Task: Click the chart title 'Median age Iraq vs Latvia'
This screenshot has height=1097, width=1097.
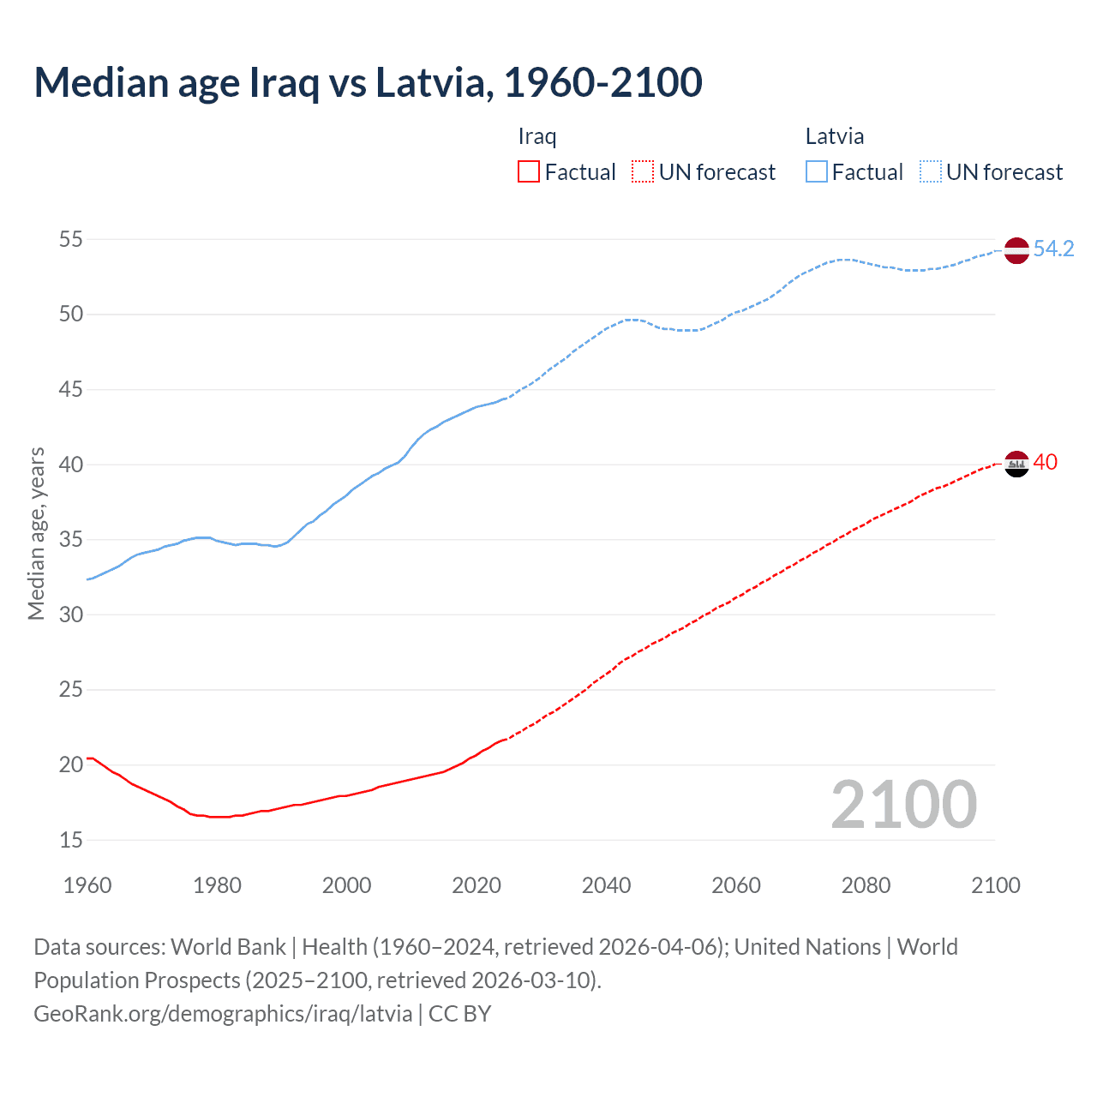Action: click(x=368, y=83)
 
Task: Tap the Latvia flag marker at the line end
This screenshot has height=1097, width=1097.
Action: click(x=1016, y=250)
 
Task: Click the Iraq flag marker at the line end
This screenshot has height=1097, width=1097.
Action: click(x=1016, y=464)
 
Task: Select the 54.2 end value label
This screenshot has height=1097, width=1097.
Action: click(x=1053, y=249)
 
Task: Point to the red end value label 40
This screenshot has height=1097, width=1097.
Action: click(x=1046, y=462)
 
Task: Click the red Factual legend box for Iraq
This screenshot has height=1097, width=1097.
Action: click(x=529, y=171)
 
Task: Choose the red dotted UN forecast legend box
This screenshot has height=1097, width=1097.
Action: click(x=643, y=171)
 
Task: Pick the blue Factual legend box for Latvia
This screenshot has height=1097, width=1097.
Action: click(x=817, y=171)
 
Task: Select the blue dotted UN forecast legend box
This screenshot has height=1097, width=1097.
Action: click(x=931, y=171)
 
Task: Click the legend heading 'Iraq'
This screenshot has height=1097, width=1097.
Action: click(x=537, y=136)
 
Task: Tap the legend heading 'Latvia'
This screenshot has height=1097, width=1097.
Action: click(x=835, y=136)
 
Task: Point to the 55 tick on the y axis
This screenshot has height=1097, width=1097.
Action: click(x=70, y=239)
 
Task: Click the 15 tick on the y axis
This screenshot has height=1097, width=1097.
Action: click(x=70, y=840)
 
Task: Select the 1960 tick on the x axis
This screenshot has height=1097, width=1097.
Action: click(x=87, y=885)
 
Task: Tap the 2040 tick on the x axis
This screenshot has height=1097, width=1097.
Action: click(x=606, y=885)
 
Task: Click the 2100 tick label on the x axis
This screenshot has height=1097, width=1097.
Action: click(x=996, y=885)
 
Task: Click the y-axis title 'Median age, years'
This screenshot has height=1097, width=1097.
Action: click(x=36, y=533)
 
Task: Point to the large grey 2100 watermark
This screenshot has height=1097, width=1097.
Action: click(x=903, y=804)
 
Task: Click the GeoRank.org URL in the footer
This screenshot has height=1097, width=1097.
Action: click(x=223, y=1013)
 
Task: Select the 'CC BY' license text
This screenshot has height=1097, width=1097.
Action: click(x=460, y=1013)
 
